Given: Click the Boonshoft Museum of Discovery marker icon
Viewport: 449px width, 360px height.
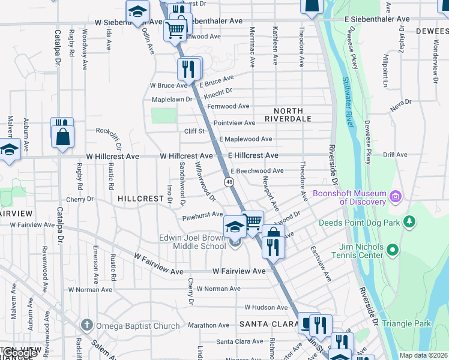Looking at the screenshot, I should click(396, 197).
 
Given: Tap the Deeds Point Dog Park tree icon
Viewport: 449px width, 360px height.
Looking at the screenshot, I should click(410, 222).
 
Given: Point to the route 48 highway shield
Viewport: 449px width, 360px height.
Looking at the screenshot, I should click(229, 181).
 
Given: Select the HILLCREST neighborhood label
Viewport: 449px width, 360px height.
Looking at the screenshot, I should click(141, 198).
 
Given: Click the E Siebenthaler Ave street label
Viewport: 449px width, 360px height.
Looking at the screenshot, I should click(376, 20).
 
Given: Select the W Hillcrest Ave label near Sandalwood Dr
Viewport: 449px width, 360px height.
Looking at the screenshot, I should click(186, 156).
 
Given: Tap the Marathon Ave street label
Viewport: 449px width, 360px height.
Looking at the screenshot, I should click(208, 325).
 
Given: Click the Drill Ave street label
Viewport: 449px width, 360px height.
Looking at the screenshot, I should click(396, 155).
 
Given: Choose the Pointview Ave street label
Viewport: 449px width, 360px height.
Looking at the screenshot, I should click(235, 122).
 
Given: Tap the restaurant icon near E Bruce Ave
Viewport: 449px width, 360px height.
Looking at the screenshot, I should click(188, 69).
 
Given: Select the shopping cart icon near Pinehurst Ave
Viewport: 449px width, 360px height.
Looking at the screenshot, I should click(253, 221).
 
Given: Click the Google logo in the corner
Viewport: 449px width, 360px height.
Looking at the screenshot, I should click(19, 353).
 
